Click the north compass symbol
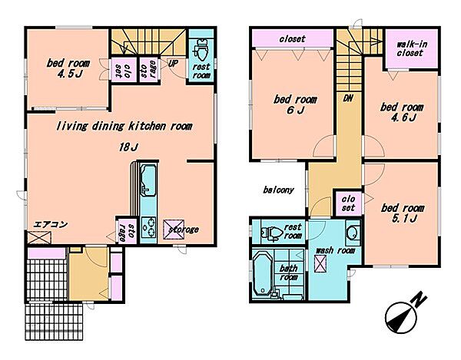(403, 315)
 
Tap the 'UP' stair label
(173, 63)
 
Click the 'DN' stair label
(348, 98)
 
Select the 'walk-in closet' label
(412, 49)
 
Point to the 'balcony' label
(278, 190)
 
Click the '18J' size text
(129, 147)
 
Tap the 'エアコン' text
(51, 225)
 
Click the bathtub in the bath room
(263, 273)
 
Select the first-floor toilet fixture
(201, 50)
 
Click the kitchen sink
(148, 180)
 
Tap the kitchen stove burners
(149, 226)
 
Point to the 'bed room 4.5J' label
(68, 68)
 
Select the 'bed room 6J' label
(295, 104)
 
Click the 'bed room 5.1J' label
(403, 213)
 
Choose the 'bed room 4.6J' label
(402, 112)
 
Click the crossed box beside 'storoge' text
(174, 229)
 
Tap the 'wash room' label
(335, 250)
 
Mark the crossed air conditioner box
(39, 237)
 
